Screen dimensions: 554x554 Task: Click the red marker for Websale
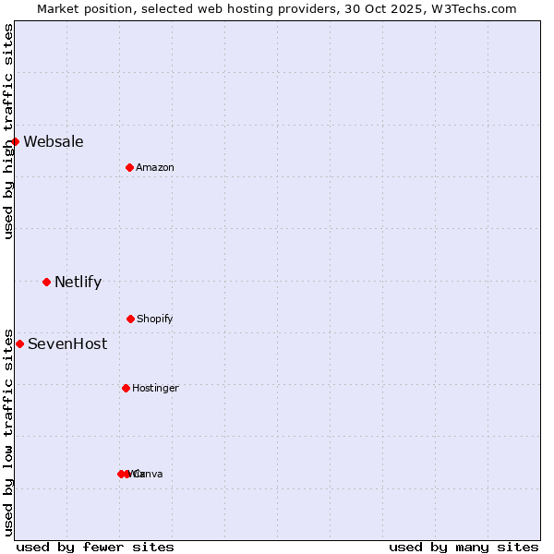pyautogui.click(x=16, y=141)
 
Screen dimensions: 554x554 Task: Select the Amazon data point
pyautogui.click(x=129, y=167)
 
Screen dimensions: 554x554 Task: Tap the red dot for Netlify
pyautogui.click(x=46, y=282)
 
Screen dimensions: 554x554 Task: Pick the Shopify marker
pyautogui.click(x=130, y=319)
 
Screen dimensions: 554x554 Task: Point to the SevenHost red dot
pyautogui.click(x=19, y=343)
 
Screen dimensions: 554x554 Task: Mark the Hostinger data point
pyautogui.click(x=126, y=388)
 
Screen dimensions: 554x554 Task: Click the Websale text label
pyautogui.click(x=54, y=141)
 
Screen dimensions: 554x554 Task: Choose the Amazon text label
pyautogui.click(x=155, y=167)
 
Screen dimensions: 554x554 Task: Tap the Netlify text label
pyautogui.click(x=78, y=282)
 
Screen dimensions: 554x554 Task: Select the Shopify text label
pyautogui.click(x=155, y=319)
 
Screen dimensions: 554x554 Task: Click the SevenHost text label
pyautogui.click(x=67, y=343)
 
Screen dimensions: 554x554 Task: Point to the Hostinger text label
pyautogui.click(x=155, y=388)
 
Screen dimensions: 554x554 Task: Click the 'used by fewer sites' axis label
pyautogui.click(x=95, y=547)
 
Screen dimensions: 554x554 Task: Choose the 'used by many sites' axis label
pyautogui.click(x=464, y=547)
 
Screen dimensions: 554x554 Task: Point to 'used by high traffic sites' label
pyautogui.click(x=8, y=131)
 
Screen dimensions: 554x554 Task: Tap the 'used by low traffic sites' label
pyautogui.click(x=8, y=431)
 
